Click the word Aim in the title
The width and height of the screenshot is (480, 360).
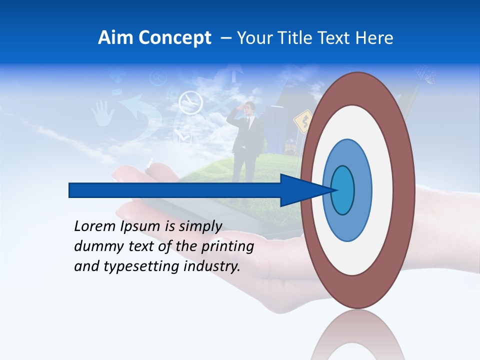click(x=115, y=37)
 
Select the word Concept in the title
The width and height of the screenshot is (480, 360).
click(x=174, y=37)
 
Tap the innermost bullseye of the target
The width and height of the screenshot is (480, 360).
click(x=342, y=190)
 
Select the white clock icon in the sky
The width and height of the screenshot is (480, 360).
click(x=190, y=102)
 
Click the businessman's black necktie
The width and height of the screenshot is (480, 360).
click(x=248, y=125)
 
